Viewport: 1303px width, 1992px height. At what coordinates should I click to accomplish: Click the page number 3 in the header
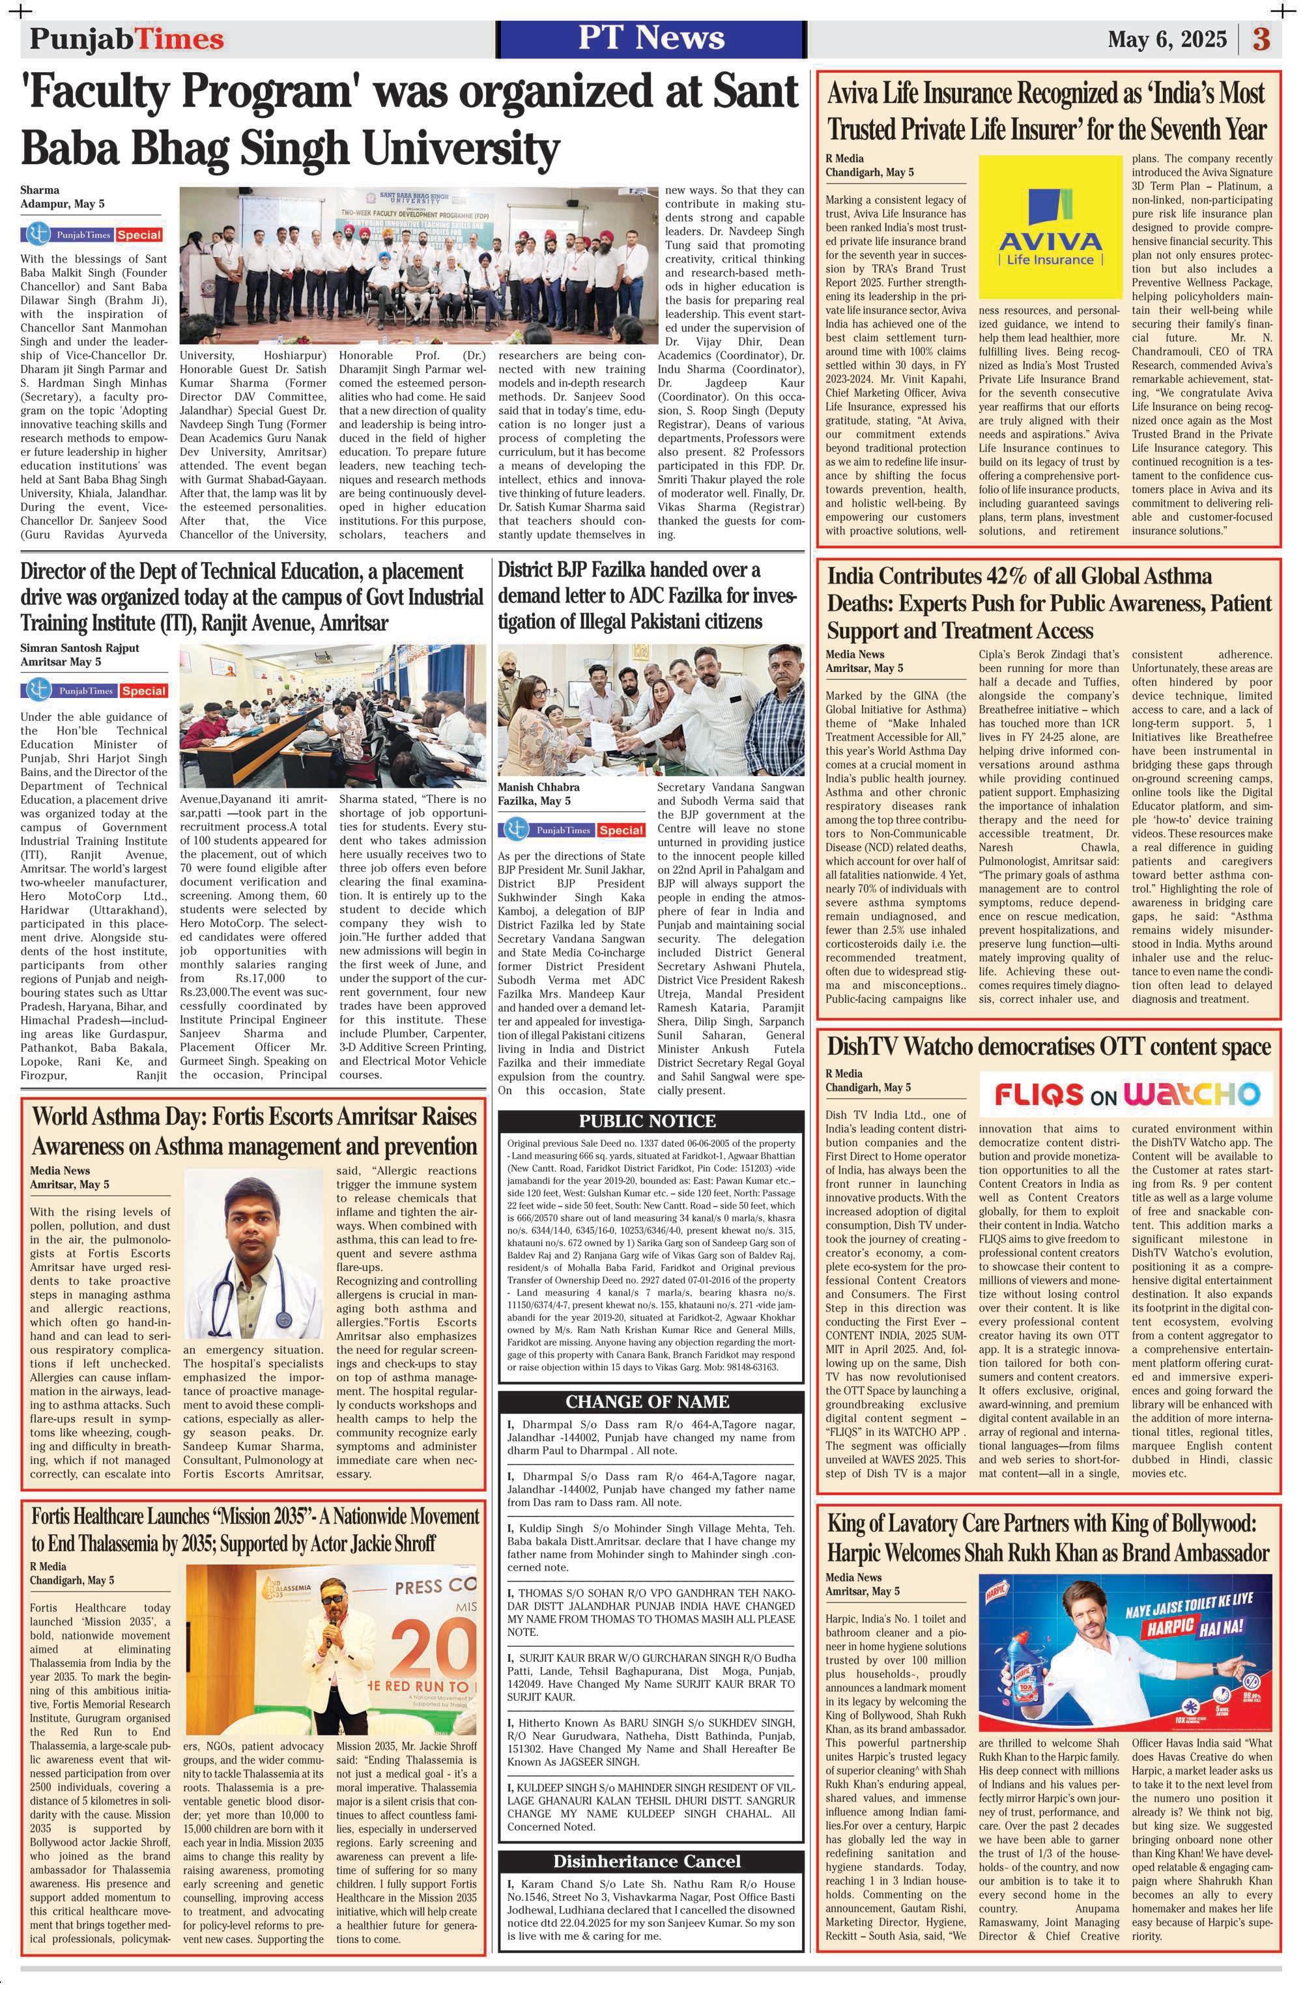coord(1263,39)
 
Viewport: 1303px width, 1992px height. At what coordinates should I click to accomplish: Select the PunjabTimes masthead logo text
coord(126,39)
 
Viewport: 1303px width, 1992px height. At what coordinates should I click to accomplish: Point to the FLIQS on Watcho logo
coord(1126,1093)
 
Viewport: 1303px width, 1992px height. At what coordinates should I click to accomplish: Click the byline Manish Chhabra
coord(538,787)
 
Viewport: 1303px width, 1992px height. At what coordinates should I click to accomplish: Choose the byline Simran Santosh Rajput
coord(80,647)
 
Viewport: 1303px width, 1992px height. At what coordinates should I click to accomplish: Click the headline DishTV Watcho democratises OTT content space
coord(1048,1047)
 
